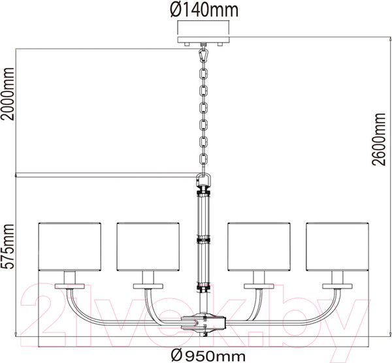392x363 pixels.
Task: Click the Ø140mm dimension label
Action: pos(204,10)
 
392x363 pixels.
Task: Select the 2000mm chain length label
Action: pos(8,93)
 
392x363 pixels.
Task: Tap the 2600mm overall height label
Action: pos(378,139)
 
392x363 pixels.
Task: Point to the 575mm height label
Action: pos(8,246)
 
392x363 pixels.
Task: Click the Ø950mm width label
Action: pos(208,355)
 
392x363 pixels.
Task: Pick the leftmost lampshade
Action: pos(70,246)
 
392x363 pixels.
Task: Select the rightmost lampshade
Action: pos(338,246)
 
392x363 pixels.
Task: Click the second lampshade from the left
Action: pos(148,246)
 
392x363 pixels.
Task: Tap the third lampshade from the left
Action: pos(259,246)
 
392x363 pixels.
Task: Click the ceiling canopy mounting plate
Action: pos(203,39)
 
